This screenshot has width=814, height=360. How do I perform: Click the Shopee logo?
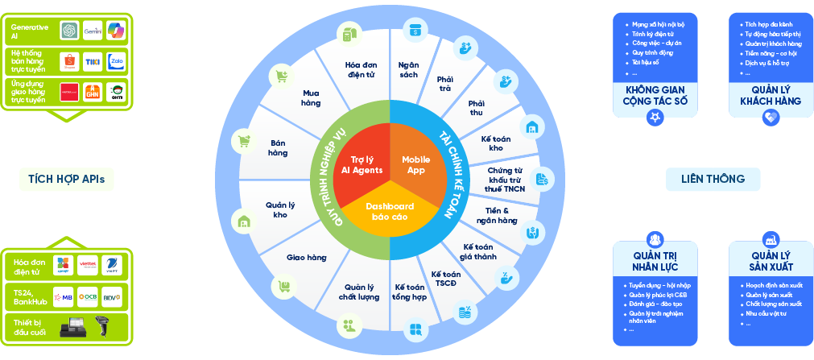pyautogui.click(x=70, y=60)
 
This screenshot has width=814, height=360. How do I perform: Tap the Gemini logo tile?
pyautogui.click(x=92, y=30)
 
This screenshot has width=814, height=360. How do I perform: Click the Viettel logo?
pyautogui.click(x=88, y=263)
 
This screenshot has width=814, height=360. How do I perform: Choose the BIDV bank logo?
pyautogui.click(x=112, y=296)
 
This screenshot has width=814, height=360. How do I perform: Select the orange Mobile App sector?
pyautogui.click(x=416, y=164)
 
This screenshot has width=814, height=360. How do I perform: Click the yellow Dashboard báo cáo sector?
pyautogui.click(x=390, y=212)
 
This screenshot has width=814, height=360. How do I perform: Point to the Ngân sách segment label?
pyautogui.click(x=408, y=69)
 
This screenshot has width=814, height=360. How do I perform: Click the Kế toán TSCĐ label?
pyautogui.click(x=445, y=279)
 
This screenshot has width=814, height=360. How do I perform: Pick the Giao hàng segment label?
pyautogui.click(x=306, y=258)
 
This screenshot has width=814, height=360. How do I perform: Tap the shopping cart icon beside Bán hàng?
pyautogui.click(x=244, y=141)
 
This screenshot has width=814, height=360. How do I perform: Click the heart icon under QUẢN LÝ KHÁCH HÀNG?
pyautogui.click(x=771, y=118)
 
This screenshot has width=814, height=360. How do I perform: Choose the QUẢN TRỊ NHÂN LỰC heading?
pyautogui.click(x=655, y=260)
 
